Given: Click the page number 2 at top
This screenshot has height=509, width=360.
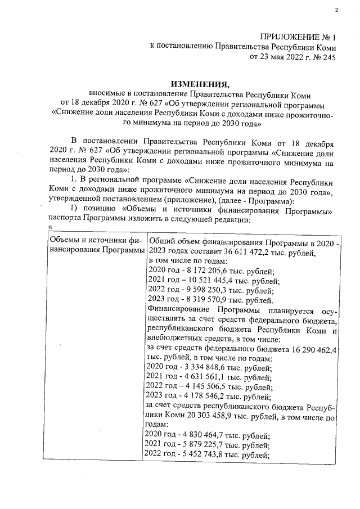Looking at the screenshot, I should click(x=336, y=10).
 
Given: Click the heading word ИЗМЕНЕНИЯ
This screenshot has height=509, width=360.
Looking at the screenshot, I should click(x=179, y=84).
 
